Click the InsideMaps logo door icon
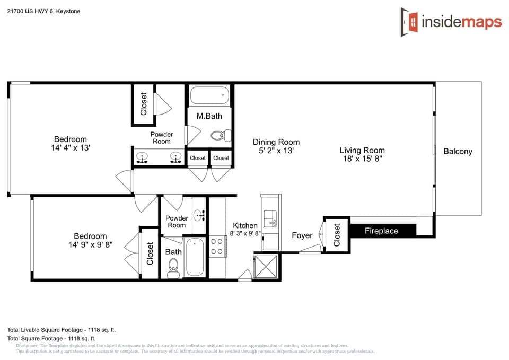pyautogui.click(x=409, y=22)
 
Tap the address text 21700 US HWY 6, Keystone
pyautogui.click(x=43, y=11)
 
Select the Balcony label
pyautogui.click(x=458, y=151)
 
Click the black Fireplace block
pyautogui.click(x=381, y=231)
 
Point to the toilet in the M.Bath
pyautogui.click(x=220, y=136)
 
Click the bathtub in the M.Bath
pyautogui.click(x=209, y=96)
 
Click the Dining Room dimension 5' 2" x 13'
pyautogui.click(x=276, y=151)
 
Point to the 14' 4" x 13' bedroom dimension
pyautogui.click(x=67, y=148)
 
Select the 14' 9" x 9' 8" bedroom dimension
pyautogui.click(x=90, y=244)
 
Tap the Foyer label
pyautogui.click(x=302, y=235)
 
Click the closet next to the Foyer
pyautogui.click(x=337, y=234)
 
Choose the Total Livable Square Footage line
pyautogui.click(x=62, y=329)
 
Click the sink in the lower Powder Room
pyautogui.click(x=199, y=215)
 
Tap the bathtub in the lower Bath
pyautogui.click(x=195, y=257)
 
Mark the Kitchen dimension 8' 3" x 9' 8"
pyautogui.click(x=245, y=233)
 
